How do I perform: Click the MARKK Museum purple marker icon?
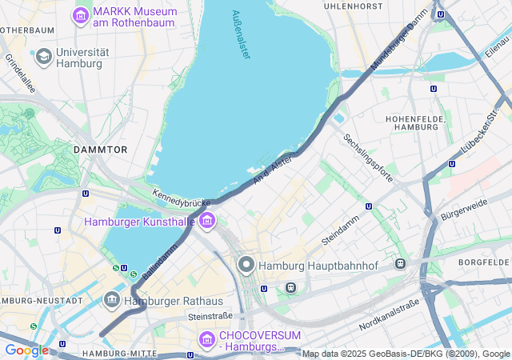(x=81, y=15)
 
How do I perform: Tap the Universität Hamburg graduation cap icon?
(x=43, y=55)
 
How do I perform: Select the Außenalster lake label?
(x=241, y=34)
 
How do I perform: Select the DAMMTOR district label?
(x=100, y=150)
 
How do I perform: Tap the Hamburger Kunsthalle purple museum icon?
(x=207, y=220)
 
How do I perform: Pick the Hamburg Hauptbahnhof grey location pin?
(x=246, y=265)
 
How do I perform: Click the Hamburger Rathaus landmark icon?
(x=112, y=300)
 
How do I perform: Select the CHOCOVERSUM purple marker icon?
(x=207, y=339)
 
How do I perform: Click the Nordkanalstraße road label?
(x=390, y=314)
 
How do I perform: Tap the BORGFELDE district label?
(x=484, y=262)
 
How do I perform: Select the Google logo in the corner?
(x=26, y=350)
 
